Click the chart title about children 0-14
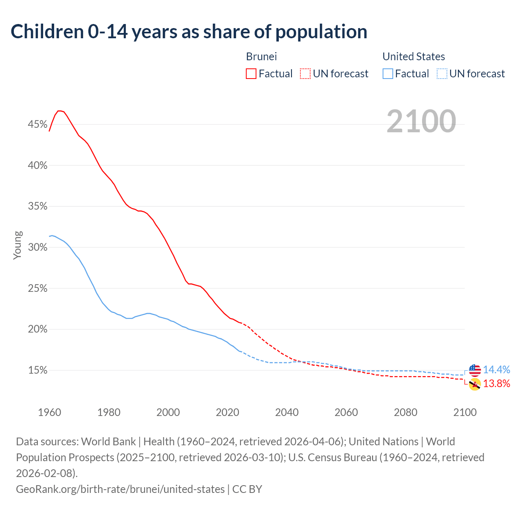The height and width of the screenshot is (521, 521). pyautogui.click(x=189, y=32)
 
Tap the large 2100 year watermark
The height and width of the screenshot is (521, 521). pyautogui.click(x=421, y=121)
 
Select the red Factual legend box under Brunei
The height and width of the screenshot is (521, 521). pyautogui.click(x=251, y=74)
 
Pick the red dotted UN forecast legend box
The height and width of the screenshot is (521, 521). pyautogui.click(x=305, y=74)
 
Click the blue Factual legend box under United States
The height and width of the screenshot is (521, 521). pyautogui.click(x=388, y=74)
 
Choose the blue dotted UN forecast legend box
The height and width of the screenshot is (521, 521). pyautogui.click(x=442, y=74)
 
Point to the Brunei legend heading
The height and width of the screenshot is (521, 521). pyautogui.click(x=261, y=57)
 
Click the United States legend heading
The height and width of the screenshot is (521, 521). pyautogui.click(x=414, y=57)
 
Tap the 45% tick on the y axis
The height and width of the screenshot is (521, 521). pyautogui.click(x=37, y=125)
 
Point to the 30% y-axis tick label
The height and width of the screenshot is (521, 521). pyautogui.click(x=37, y=247)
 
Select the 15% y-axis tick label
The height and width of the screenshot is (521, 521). pyautogui.click(x=37, y=370)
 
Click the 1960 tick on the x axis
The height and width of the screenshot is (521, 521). pyautogui.click(x=49, y=412)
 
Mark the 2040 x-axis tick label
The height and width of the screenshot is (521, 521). pyautogui.click(x=287, y=412)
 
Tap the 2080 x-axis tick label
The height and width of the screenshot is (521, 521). pyautogui.click(x=405, y=412)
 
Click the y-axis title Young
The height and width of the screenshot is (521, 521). pyautogui.click(x=18, y=245)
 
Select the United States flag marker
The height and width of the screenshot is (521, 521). pyautogui.click(x=475, y=370)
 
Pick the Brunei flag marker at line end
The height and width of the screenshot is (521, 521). pyautogui.click(x=475, y=384)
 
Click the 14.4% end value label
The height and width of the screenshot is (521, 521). pyautogui.click(x=497, y=370)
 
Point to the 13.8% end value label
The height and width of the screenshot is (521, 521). pyautogui.click(x=497, y=384)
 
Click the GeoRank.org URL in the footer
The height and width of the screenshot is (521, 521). pyautogui.click(x=120, y=489)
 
